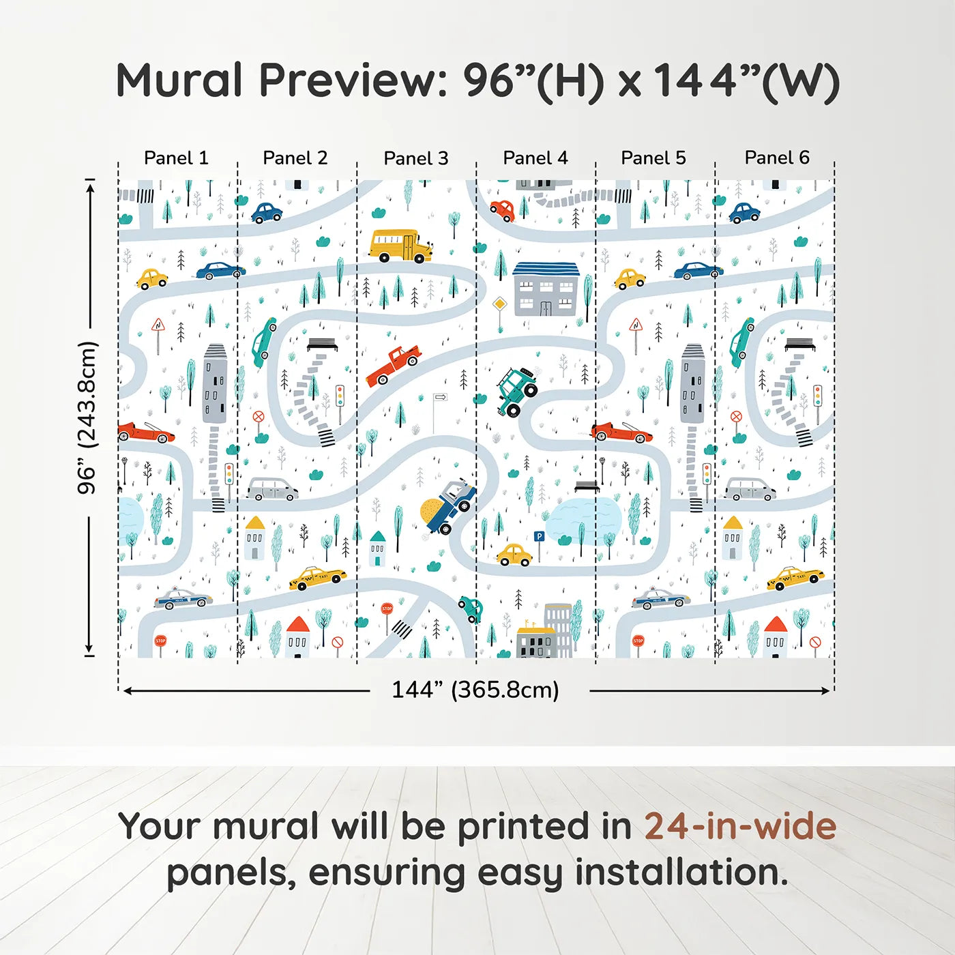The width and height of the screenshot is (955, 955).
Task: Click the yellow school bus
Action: click(x=400, y=246)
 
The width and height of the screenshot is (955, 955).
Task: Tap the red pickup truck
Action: click(x=394, y=365)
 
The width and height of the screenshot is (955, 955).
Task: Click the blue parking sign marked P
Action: click(x=539, y=538)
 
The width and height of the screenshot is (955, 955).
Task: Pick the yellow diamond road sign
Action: click(x=500, y=304)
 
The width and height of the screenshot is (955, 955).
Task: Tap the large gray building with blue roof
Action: click(x=546, y=289)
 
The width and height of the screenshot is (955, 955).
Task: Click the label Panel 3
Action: click(x=415, y=158)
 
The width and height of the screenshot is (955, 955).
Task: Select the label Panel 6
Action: click(x=776, y=158)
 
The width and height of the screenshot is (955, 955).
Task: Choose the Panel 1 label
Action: click(x=176, y=158)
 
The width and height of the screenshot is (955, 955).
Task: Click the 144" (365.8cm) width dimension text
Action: click(x=475, y=690)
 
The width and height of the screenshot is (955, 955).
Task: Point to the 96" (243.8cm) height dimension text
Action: click(x=87, y=417)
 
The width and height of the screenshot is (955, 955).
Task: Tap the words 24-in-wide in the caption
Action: click(x=740, y=826)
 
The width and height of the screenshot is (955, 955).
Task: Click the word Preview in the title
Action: click(x=353, y=80)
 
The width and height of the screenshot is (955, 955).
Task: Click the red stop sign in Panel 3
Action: click(x=387, y=608)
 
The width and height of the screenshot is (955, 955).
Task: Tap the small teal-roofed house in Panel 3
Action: click(x=377, y=548)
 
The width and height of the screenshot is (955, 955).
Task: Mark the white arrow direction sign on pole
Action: click(x=440, y=397)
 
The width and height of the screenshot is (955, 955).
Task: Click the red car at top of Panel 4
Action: click(x=502, y=211)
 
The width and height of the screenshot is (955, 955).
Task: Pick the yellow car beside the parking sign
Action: click(x=514, y=555)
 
